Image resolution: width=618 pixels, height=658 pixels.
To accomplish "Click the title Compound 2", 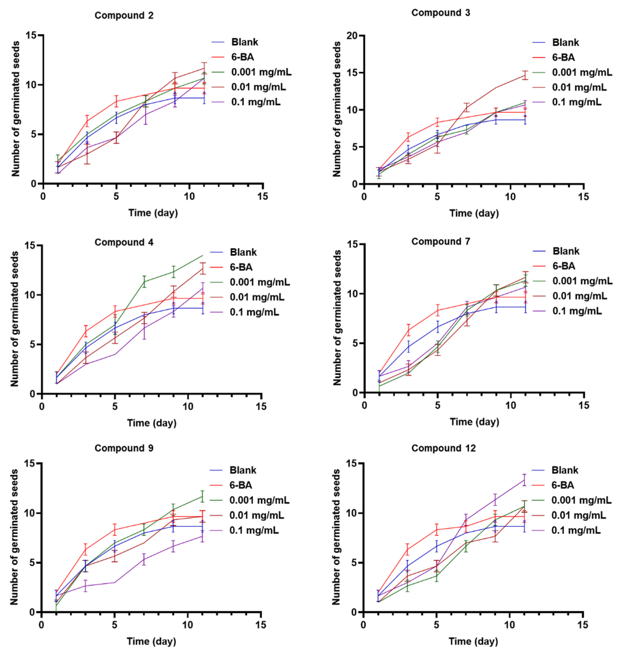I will click(x=124, y=16).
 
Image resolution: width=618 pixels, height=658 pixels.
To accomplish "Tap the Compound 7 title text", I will click(x=441, y=242).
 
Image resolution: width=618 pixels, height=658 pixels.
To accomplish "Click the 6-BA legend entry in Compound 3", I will click(x=563, y=57).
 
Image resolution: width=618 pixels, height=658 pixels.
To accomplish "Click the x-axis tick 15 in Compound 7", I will click(x=584, y=405).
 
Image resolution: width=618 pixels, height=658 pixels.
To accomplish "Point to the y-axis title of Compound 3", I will click(x=337, y=109).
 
